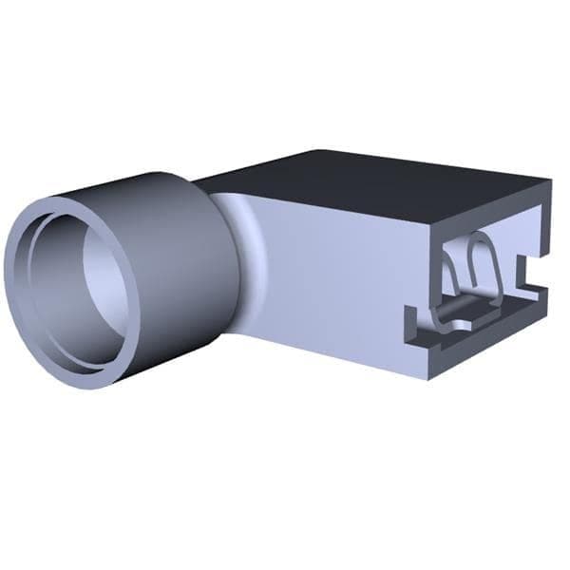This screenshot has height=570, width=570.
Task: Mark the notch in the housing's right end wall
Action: [x=528, y=271]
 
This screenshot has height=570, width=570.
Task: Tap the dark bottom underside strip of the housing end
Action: [x=484, y=356]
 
